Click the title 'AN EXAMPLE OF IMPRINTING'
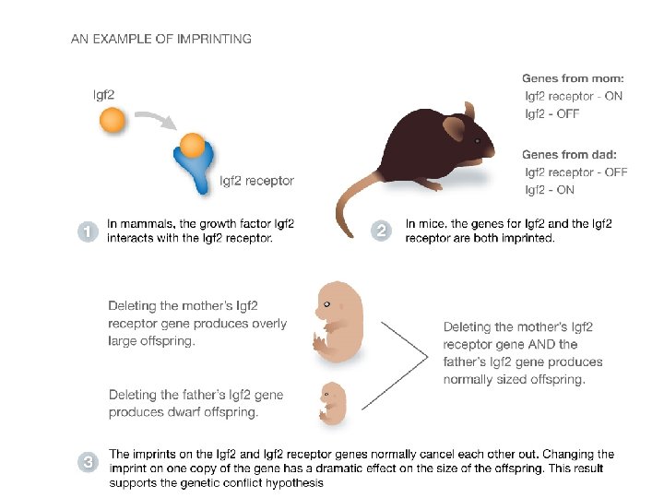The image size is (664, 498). pyautogui.click(x=161, y=39)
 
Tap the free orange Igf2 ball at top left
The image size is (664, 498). pyautogui.click(x=113, y=120)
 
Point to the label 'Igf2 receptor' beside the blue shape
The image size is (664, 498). pyautogui.click(x=256, y=181)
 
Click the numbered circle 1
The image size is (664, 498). pyautogui.click(x=88, y=232)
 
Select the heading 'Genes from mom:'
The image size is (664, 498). pyautogui.click(x=573, y=79)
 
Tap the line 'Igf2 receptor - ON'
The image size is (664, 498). pyautogui.click(x=574, y=96)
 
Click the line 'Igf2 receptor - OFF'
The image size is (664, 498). pyautogui.click(x=576, y=172)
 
